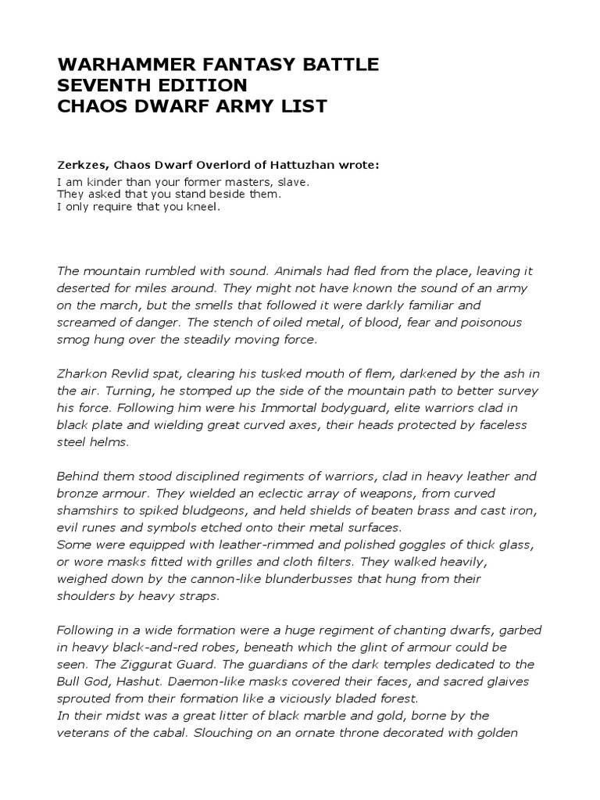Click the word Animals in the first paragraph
point(295,271)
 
